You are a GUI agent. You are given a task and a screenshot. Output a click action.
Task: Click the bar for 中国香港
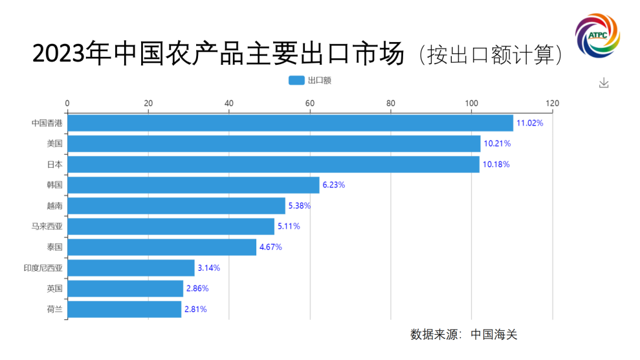pyautogui.click(x=290, y=123)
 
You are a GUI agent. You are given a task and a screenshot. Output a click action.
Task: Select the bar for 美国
pyautogui.click(x=274, y=144)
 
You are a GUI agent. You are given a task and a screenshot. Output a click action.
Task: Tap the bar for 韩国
pyautogui.click(x=193, y=185)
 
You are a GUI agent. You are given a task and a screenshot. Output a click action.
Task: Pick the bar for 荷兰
pyautogui.click(x=124, y=309)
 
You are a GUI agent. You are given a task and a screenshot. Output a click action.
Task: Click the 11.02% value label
pyautogui.click(x=529, y=123)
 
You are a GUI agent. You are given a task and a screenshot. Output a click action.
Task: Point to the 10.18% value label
pyautogui.click(x=496, y=164)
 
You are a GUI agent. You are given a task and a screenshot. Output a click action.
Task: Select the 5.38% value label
pyautogui.click(x=298, y=206)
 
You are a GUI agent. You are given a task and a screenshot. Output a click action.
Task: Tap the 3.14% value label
pyautogui.click(x=208, y=268)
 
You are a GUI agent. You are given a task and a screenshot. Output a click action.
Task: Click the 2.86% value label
pyautogui.click(x=197, y=289)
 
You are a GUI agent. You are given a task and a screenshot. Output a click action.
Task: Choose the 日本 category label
pyautogui.click(x=55, y=164)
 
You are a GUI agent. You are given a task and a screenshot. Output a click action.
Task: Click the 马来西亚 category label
pyautogui.click(x=47, y=227)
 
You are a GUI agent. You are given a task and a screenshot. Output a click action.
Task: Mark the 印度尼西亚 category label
pyautogui.click(x=43, y=268)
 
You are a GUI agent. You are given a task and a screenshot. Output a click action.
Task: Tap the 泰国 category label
pyautogui.click(x=55, y=247)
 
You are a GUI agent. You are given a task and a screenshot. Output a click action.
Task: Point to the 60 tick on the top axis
pyautogui.click(x=310, y=103)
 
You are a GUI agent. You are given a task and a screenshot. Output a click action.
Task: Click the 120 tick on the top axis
pyautogui.click(x=552, y=103)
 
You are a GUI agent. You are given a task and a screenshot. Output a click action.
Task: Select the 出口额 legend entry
pyautogui.click(x=310, y=80)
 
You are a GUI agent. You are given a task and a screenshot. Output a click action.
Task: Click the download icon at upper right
pyautogui.click(x=604, y=83)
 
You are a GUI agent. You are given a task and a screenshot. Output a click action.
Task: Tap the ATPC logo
pyautogui.click(x=598, y=34)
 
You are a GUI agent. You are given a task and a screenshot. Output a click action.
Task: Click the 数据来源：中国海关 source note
pyautogui.click(x=463, y=335)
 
